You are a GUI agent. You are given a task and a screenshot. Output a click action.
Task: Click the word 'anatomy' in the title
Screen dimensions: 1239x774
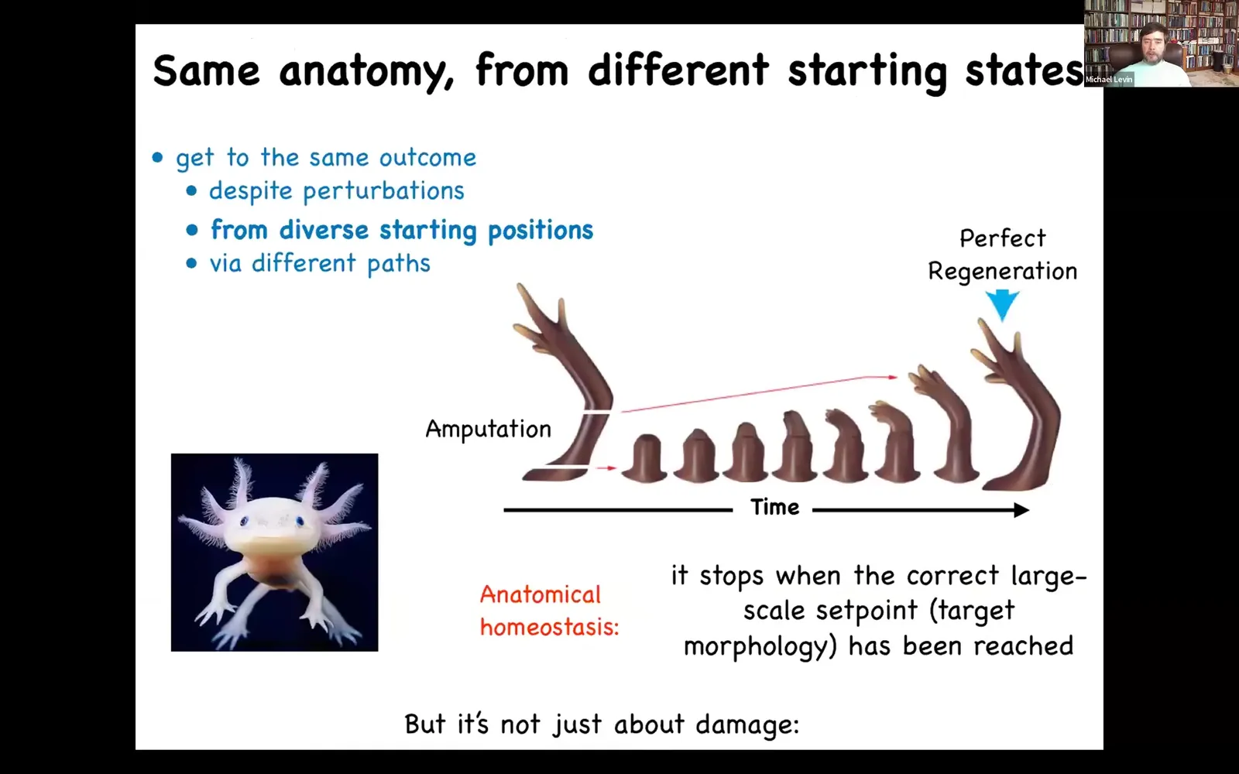pyautogui.click(x=366, y=71)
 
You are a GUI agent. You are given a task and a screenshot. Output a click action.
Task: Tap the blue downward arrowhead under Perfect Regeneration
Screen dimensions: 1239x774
pyautogui.click(x=1002, y=305)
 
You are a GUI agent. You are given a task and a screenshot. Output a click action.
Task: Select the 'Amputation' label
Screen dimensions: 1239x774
pyautogui.click(x=489, y=429)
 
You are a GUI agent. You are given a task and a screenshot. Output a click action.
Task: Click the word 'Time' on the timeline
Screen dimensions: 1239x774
pyautogui.click(x=774, y=508)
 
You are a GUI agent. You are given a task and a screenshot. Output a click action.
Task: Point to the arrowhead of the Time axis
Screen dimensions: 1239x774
pyautogui.click(x=1021, y=510)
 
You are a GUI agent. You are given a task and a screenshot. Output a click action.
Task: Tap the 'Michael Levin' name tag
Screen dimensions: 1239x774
pyautogui.click(x=1108, y=80)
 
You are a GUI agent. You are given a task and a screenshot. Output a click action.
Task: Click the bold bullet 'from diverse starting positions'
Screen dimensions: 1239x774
pyautogui.click(x=402, y=230)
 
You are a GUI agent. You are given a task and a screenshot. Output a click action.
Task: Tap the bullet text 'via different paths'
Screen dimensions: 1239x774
pyautogui.click(x=320, y=264)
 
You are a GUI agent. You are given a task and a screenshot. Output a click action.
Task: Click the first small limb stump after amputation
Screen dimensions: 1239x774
pyautogui.click(x=644, y=459)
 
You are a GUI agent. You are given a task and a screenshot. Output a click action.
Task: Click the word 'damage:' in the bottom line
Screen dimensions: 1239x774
pyautogui.click(x=748, y=724)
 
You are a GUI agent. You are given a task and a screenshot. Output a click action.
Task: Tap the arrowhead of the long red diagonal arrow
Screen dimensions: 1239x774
pyautogui.click(x=892, y=377)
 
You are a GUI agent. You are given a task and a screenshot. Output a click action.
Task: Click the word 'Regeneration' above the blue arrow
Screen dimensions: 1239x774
pyautogui.click(x=1002, y=272)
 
